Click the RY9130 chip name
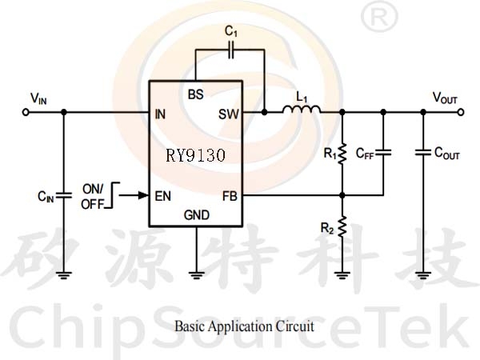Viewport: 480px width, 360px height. click(196, 154)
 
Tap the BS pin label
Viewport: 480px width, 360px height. click(195, 94)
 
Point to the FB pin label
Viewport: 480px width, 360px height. click(230, 194)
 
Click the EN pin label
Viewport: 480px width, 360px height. click(162, 194)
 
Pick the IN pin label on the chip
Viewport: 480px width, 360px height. click(160, 113)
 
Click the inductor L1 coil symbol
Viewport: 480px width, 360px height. click(302, 110)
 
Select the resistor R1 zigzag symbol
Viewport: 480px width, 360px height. click(342, 152)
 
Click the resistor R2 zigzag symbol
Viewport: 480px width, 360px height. click(342, 227)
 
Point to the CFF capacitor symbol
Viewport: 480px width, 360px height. click(383, 151)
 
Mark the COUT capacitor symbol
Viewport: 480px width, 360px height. click(422, 151)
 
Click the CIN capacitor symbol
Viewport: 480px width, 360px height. click(63, 194)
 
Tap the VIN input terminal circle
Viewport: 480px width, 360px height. click(26, 113)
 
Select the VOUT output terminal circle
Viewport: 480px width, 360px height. click(460, 113)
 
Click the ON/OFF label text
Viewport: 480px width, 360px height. click(92, 196)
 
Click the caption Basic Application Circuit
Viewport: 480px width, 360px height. click(244, 326)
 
